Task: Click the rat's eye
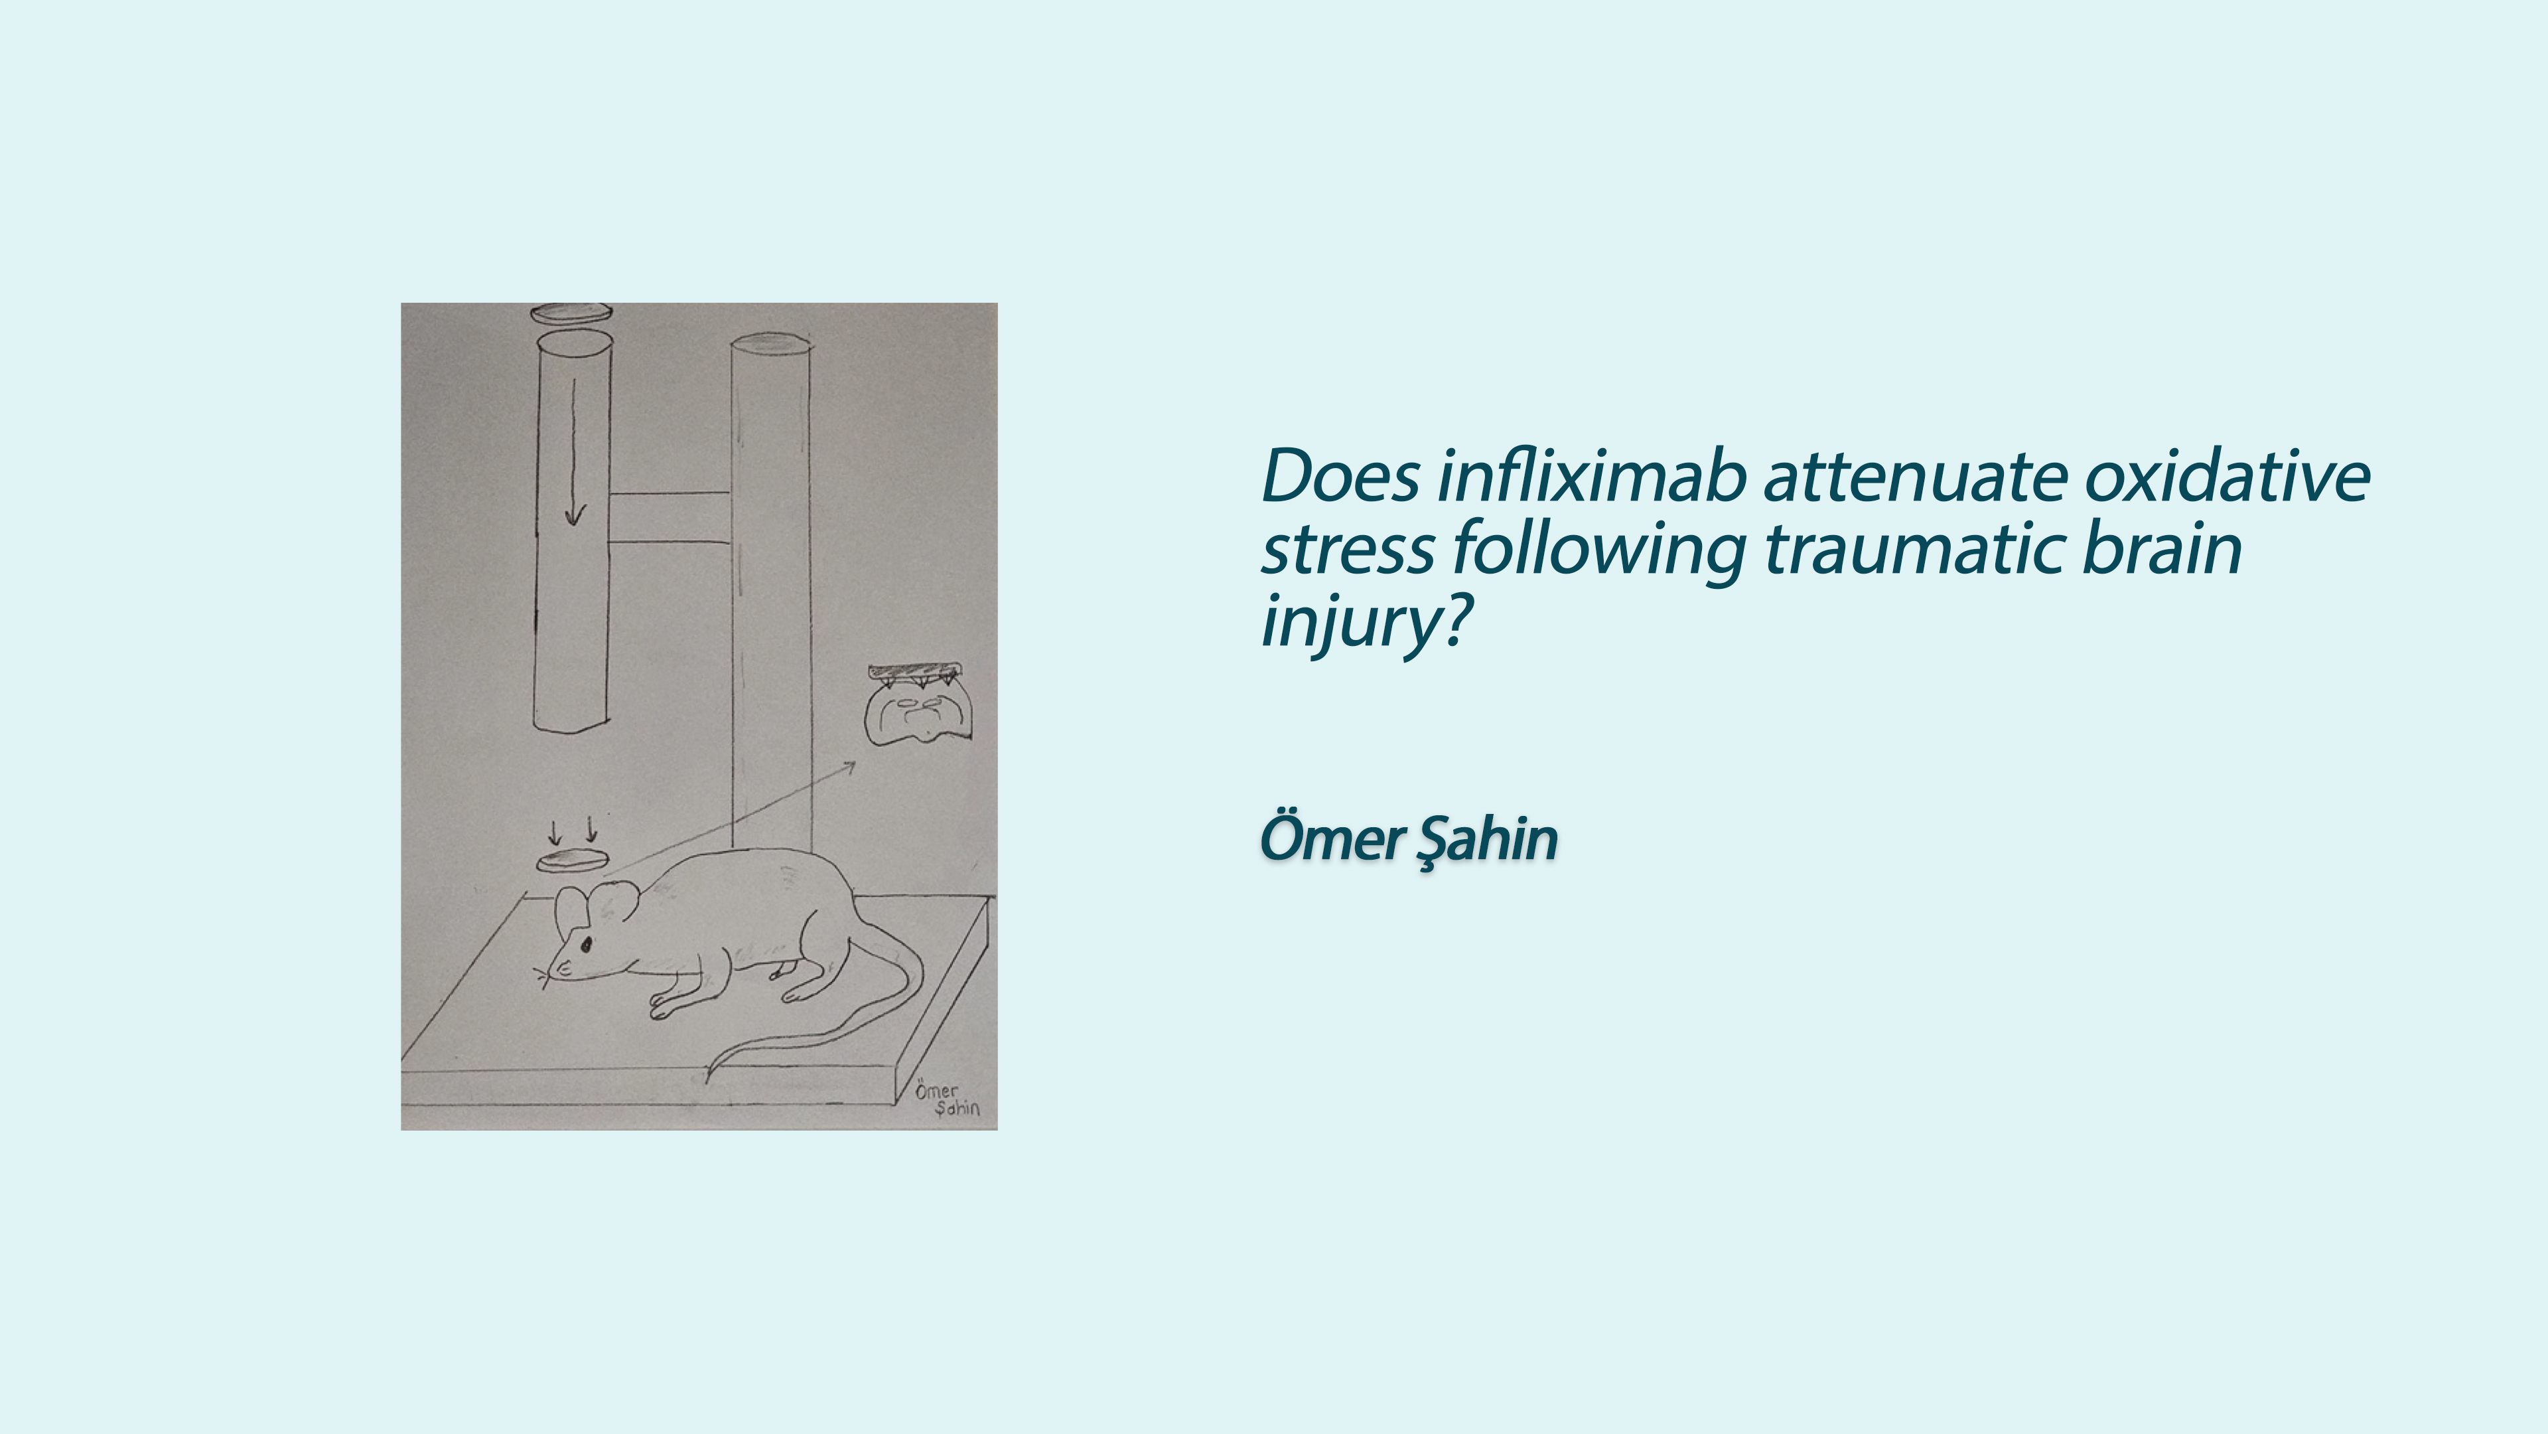coord(585,945)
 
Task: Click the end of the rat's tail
coord(707,1081)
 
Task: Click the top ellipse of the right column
coord(770,343)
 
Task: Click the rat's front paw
coord(661,1009)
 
